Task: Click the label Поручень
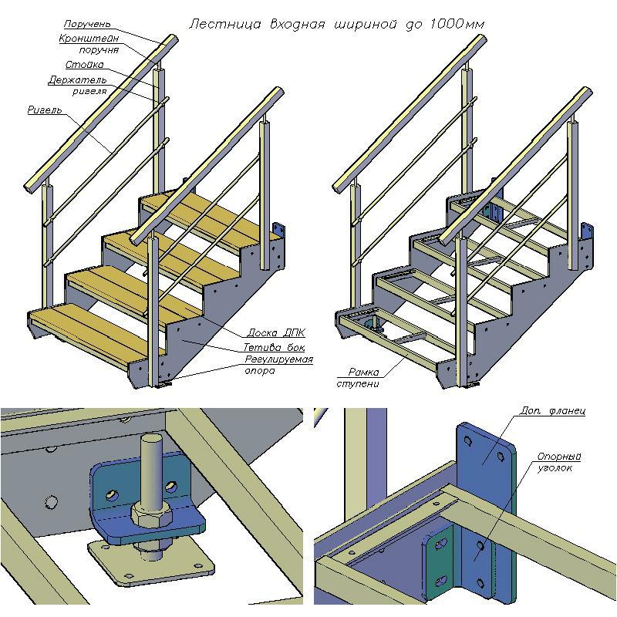coord(87,24)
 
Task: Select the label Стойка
coord(85,65)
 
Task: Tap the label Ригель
coord(45,110)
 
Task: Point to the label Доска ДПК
coord(276,333)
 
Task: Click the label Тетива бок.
coord(274,348)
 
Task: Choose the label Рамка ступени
coord(359,378)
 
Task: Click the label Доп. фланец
coord(552,411)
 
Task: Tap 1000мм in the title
coord(457,25)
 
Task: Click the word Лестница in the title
coord(224,25)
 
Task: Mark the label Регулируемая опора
coord(278,365)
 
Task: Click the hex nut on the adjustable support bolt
coord(151,514)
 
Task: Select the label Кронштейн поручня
coord(89,44)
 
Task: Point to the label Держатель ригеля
coord(78,86)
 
